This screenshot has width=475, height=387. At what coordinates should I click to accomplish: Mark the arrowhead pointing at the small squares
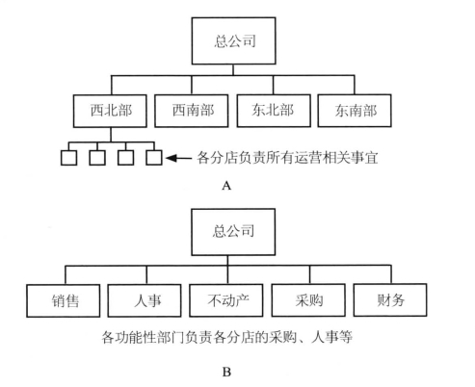tap(172, 158)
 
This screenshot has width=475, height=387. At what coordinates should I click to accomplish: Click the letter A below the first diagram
tap(226, 186)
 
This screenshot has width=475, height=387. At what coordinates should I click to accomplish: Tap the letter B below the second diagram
tap(226, 373)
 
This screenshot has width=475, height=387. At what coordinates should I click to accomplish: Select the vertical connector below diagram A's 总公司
tap(233, 70)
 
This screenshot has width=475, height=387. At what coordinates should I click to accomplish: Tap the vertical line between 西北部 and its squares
tap(111, 135)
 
